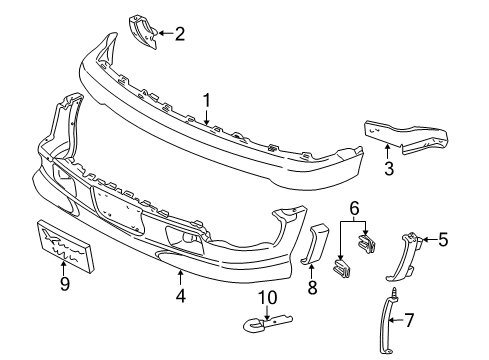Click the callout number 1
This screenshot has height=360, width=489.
(207, 101)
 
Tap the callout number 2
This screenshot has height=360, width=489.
(179, 35)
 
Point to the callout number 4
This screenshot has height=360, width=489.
(179, 296)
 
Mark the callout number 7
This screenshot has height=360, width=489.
(421, 320)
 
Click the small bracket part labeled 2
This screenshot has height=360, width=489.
(142, 33)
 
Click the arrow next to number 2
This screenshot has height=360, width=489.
(163, 35)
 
